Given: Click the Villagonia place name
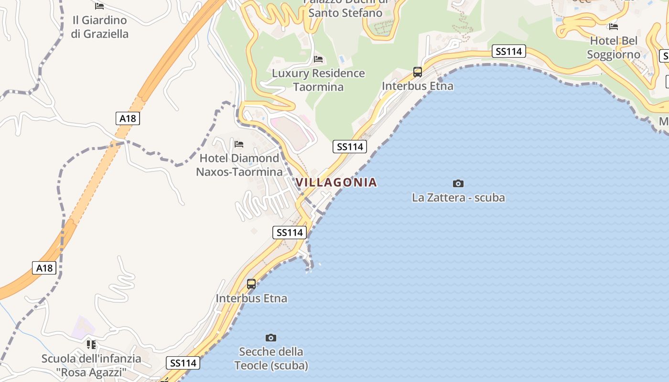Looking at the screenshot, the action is pos(336,182).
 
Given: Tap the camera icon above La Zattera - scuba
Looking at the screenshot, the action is pos(458,183).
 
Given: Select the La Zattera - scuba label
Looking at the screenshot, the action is pos(458,198).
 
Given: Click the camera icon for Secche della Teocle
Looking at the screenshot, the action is pos(271,338).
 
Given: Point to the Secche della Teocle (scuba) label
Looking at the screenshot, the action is pos(271,359).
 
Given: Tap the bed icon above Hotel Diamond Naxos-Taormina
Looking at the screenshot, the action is pos(239,144).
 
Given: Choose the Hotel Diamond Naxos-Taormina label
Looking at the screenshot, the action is pos(239,165).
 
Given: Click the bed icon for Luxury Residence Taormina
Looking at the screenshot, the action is pos(318,59).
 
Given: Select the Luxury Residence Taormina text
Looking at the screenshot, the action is pos(318,80).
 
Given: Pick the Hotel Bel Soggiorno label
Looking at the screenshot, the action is pos(614,48).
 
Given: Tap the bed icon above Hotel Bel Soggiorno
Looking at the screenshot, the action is pos(614,27).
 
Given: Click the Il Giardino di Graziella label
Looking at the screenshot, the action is pos(99,27).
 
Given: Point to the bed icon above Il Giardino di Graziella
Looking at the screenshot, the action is pos(99,6).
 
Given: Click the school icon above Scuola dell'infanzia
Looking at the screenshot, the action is pos(91,344).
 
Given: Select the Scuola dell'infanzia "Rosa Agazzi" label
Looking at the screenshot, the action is pos(91,365).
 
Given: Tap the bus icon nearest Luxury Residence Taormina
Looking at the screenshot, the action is pos(418,72).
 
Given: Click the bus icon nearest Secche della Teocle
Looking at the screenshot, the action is pos(251,284).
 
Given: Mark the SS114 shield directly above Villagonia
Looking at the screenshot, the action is pos(350,147).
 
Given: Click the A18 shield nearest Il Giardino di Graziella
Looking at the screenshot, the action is pos(128,118).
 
